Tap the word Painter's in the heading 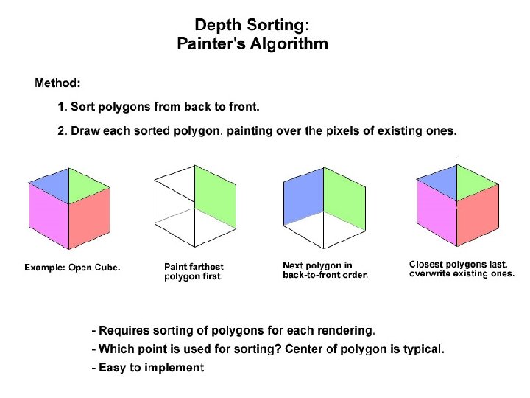[209, 43]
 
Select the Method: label [58, 82]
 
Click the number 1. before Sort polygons [63, 107]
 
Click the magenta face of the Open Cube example [48, 216]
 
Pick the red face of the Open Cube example [90, 217]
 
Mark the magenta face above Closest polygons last [436, 216]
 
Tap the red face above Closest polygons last [478, 217]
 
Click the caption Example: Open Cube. [72, 268]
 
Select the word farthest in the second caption [207, 267]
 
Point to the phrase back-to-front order [325, 275]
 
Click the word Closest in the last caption [427, 264]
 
